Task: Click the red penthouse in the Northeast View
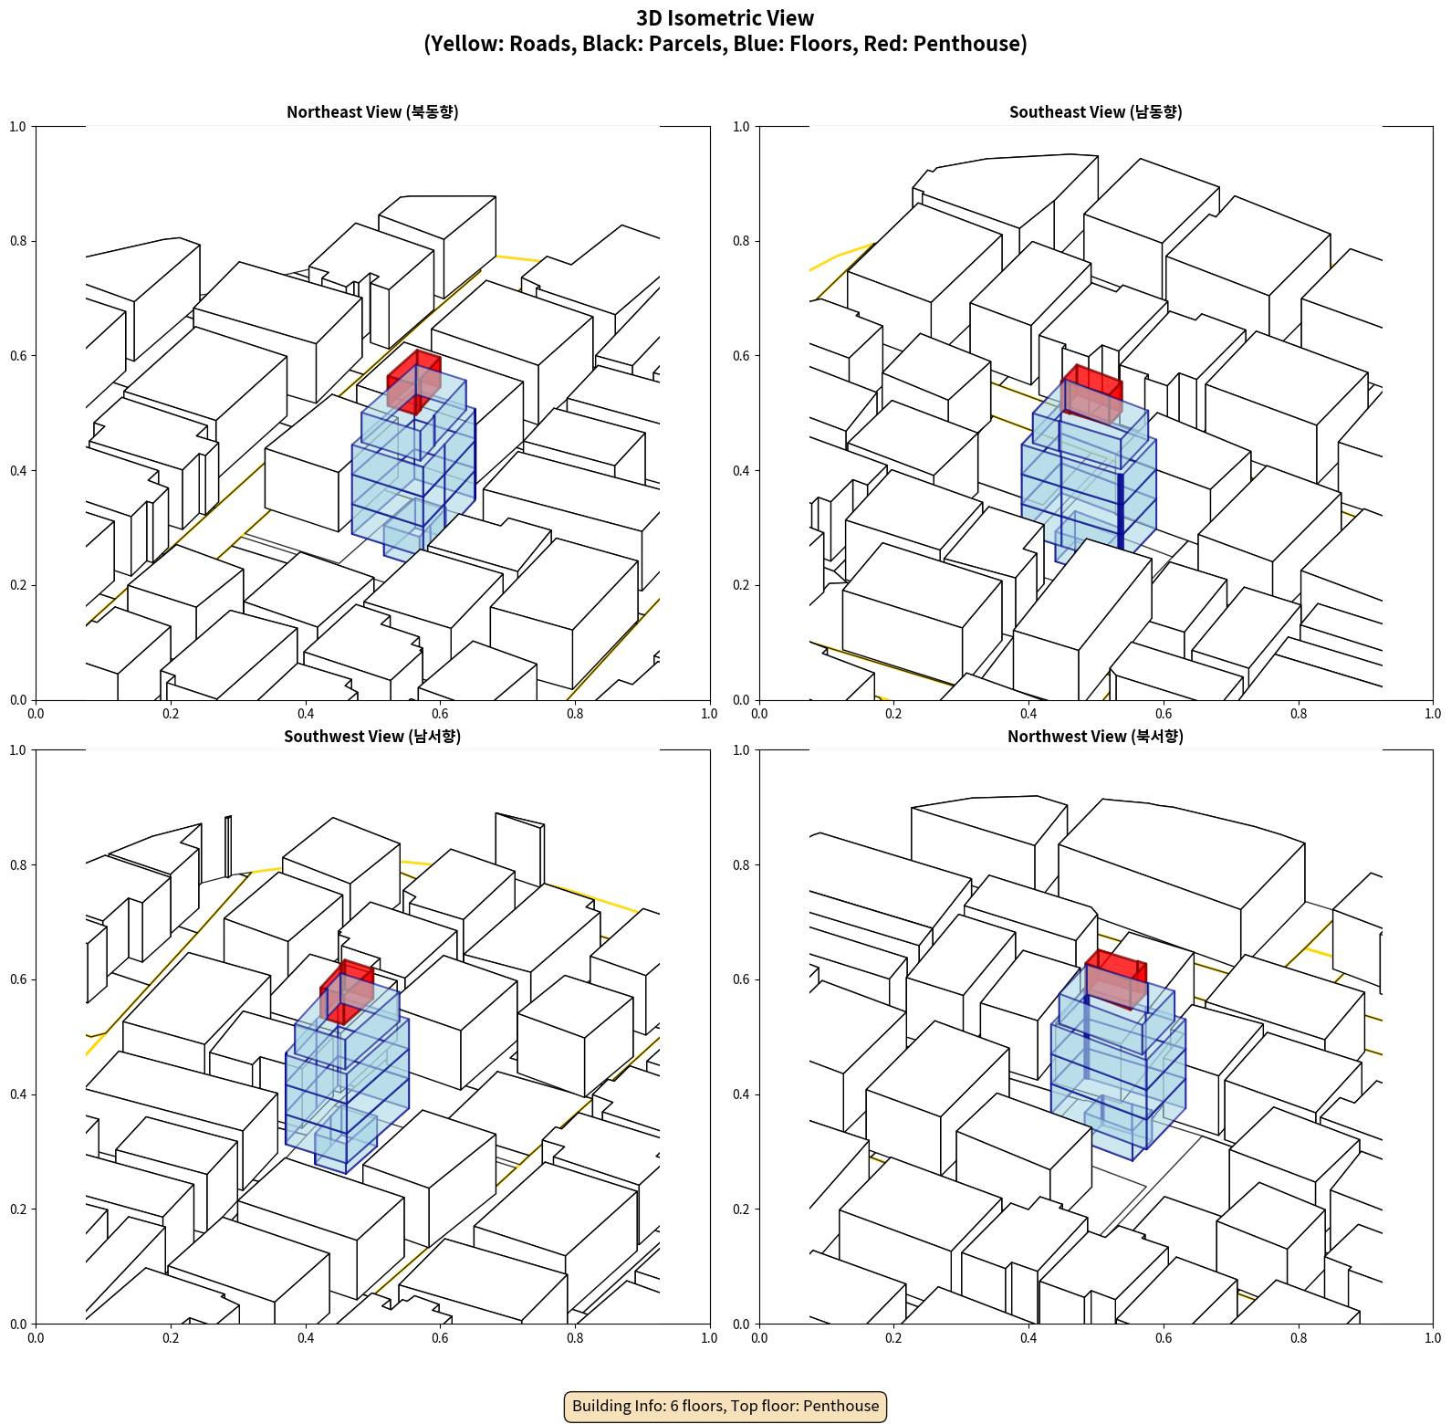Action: (414, 382)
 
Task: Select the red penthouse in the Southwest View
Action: (347, 991)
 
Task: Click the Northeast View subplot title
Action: (372, 111)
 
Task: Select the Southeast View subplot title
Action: (1095, 111)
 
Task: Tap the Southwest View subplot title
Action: (372, 736)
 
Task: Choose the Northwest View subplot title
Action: (1095, 736)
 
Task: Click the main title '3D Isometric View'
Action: (725, 18)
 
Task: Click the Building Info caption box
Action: (725, 1406)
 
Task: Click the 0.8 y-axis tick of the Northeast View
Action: (18, 241)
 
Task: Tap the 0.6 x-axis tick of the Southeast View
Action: (1164, 714)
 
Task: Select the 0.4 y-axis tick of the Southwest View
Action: (18, 1094)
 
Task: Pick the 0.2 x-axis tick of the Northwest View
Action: (893, 1338)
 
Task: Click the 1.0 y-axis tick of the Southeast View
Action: (741, 127)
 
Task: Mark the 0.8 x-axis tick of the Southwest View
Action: (575, 1338)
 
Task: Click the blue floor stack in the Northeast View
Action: (413, 466)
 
